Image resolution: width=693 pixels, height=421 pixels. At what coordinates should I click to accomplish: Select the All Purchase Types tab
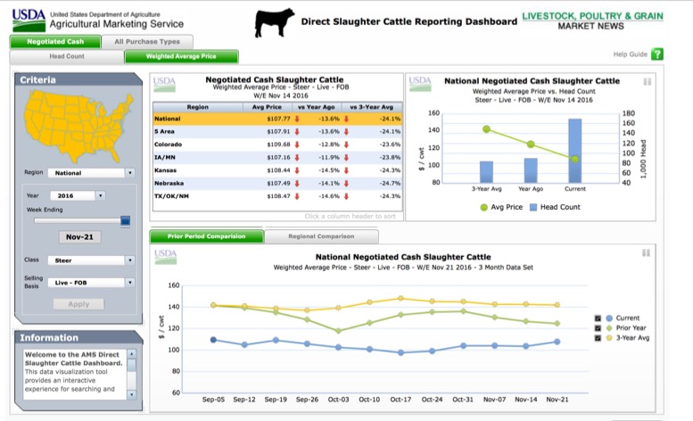(x=146, y=41)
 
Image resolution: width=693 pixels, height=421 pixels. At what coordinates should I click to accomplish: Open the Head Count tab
(x=67, y=56)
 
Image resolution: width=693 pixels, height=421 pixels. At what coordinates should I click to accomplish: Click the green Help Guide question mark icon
(x=657, y=54)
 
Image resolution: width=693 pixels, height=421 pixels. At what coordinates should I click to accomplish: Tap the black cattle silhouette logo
(x=274, y=23)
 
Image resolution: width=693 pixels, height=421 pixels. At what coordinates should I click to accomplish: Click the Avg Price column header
(x=268, y=106)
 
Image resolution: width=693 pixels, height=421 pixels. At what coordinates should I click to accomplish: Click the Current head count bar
(x=574, y=150)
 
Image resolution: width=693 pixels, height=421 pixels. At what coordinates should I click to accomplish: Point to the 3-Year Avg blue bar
(x=486, y=171)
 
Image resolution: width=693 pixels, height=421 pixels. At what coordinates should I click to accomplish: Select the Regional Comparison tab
(x=321, y=236)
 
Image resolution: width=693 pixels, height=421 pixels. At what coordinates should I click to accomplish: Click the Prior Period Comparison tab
(x=207, y=236)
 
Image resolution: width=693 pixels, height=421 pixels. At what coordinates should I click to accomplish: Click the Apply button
(x=78, y=304)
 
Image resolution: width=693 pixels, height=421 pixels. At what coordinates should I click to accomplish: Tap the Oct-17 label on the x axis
(x=400, y=399)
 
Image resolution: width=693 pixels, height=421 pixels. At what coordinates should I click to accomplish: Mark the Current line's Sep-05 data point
(x=213, y=340)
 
